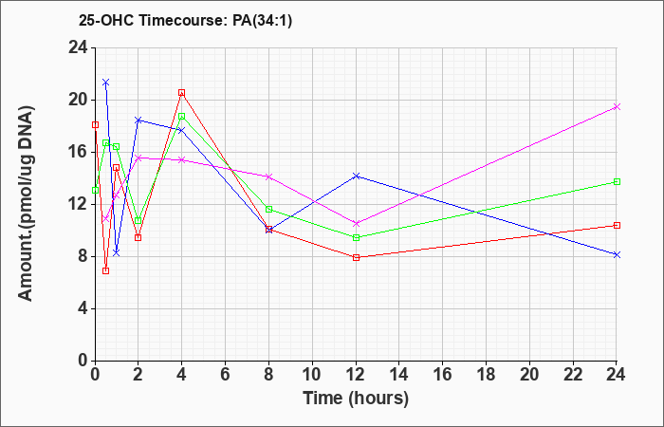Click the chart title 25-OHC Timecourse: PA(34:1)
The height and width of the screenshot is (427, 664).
[x=185, y=20]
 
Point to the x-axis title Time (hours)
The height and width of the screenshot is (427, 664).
[x=356, y=399]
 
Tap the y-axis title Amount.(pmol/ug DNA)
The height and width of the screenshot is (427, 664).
[x=27, y=204]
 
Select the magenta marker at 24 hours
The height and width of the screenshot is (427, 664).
[x=617, y=106]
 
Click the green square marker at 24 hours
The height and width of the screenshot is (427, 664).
[x=617, y=182]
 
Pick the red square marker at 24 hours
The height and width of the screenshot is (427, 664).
[x=617, y=226]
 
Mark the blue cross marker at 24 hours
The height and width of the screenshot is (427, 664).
[x=617, y=254]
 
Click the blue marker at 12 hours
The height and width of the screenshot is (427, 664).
[x=356, y=176]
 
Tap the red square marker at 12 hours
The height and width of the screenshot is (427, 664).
[x=356, y=257]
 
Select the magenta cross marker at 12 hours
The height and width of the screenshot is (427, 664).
[x=356, y=223]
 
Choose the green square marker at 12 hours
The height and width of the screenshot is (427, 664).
[x=356, y=237]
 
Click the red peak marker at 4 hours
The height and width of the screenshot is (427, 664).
[x=182, y=93]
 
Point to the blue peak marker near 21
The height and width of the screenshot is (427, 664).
[x=106, y=83]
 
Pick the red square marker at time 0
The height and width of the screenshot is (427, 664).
[x=95, y=124]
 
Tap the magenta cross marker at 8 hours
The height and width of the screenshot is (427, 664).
[x=268, y=176]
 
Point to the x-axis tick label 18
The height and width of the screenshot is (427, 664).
[x=486, y=375]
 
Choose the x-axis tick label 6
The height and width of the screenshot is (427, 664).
[x=226, y=375]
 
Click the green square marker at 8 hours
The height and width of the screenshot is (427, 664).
[x=268, y=210]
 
